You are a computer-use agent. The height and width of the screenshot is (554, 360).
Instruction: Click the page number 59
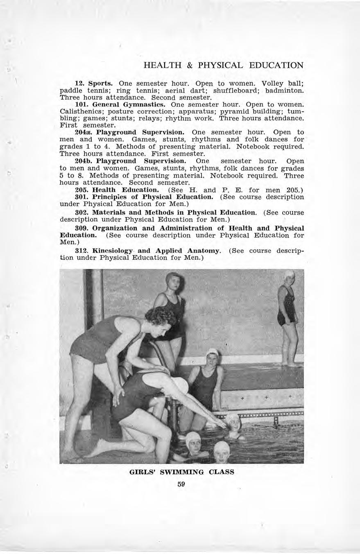[181, 484]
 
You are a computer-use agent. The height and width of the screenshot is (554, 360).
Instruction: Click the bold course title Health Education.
[125, 190]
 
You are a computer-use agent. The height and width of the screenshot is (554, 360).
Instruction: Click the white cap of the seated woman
[212, 352]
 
